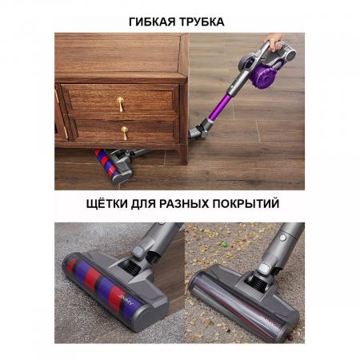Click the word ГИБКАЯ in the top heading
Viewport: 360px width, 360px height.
[x=151, y=22]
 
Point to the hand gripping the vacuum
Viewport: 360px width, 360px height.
[x=274, y=38]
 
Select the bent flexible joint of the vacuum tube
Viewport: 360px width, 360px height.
[x=200, y=126]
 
